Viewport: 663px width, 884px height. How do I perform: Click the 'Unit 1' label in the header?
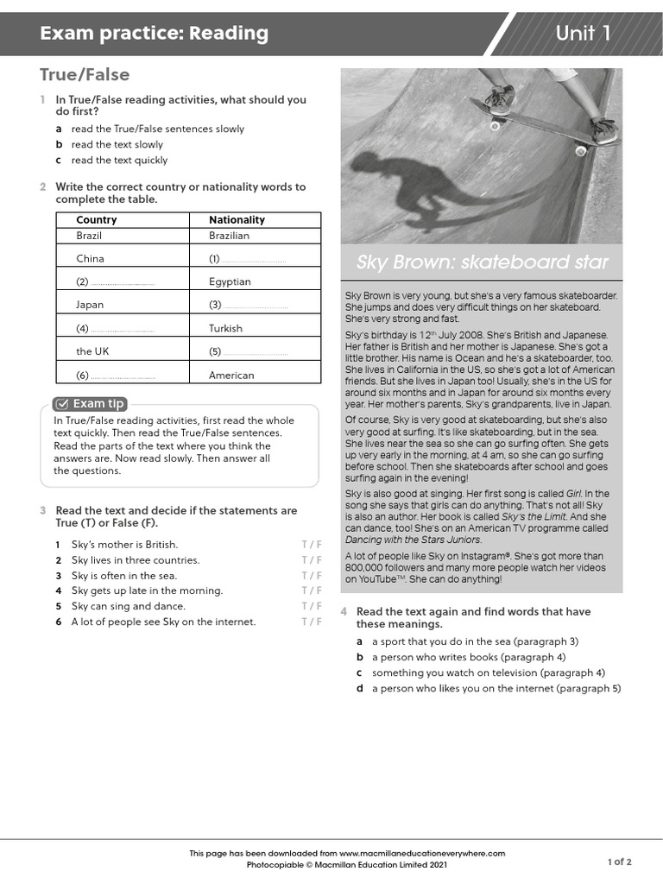584,34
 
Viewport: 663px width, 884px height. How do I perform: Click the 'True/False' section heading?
85,75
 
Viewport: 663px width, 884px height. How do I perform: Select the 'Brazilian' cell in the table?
229,235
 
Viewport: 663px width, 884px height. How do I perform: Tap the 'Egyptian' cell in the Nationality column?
230,281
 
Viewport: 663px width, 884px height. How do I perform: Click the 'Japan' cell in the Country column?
90,305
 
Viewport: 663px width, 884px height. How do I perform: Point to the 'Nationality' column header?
237,219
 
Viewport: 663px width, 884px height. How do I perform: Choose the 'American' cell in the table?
231,376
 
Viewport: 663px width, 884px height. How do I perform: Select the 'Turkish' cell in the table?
225,328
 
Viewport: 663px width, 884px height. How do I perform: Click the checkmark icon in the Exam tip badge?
62,403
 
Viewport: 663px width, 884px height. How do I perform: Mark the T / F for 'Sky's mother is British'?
311,545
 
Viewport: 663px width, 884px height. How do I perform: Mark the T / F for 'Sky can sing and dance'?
311,607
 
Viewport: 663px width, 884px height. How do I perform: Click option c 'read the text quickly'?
119,161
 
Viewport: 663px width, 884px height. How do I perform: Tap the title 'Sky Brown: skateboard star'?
483,262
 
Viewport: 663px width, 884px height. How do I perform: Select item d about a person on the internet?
496,689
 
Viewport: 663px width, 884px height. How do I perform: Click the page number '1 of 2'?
619,862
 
